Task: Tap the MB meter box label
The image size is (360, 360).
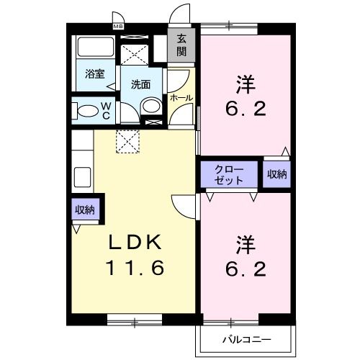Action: [x=118, y=27]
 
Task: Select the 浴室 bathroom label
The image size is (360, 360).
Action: [x=95, y=74]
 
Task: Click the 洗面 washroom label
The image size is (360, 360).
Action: [x=141, y=84]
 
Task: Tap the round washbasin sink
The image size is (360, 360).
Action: [x=150, y=106]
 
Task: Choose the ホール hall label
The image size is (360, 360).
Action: [x=180, y=97]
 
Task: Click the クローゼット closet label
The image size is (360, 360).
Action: [x=229, y=175]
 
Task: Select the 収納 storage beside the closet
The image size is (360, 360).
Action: [x=277, y=174]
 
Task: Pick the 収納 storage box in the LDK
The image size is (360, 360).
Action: [x=85, y=210]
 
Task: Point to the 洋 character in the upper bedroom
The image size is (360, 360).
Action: [x=244, y=85]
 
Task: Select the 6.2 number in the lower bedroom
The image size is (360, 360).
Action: [x=244, y=269]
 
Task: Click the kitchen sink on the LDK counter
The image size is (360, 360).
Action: [x=80, y=176]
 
